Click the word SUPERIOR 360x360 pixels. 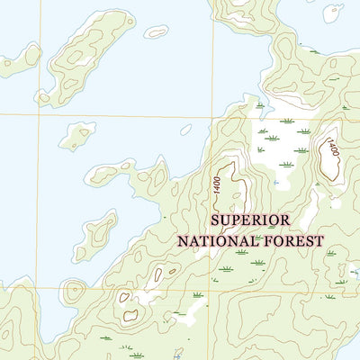[250, 220]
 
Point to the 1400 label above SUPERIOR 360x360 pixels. [217, 184]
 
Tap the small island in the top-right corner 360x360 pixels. [332, 12]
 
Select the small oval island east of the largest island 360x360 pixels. [156, 31]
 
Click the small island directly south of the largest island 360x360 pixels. [78, 135]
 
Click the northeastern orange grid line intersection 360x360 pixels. [212, 116]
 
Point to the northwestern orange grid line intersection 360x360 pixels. [40, 114]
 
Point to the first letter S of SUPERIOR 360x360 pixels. [215, 220]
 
